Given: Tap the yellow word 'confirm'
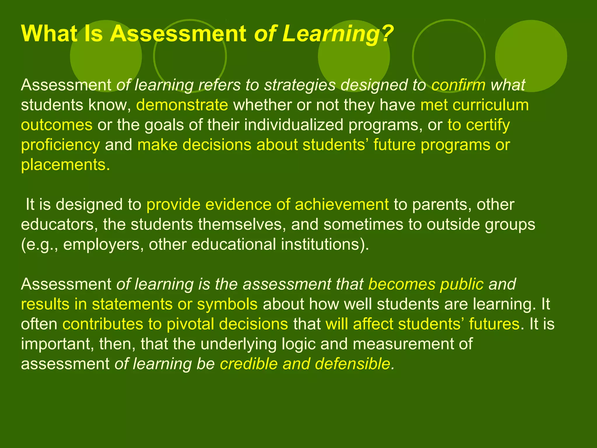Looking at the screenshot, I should (458, 85).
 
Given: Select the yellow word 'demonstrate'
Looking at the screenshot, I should (182, 105).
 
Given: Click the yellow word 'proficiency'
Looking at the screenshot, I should (60, 145).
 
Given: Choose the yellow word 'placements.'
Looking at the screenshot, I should (66, 165).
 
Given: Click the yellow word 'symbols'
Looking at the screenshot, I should (227, 304).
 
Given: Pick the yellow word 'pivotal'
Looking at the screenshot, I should (190, 324).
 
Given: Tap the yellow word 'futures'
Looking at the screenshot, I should (494, 324).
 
